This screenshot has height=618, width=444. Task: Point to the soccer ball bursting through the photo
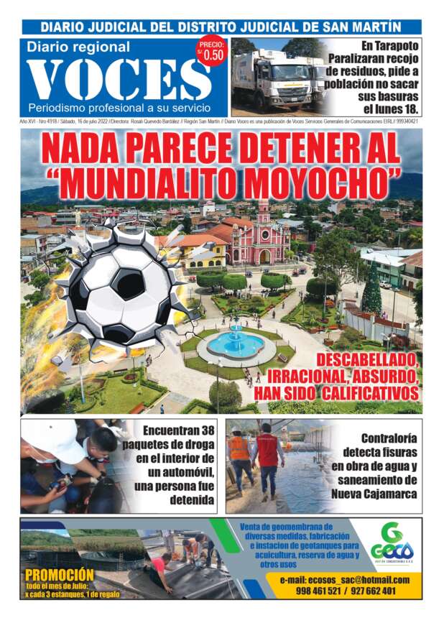coord(120,288)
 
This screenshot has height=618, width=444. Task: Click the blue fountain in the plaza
coord(236,343)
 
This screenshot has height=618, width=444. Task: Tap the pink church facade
coord(259,241)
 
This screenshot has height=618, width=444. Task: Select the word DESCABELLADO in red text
coord(366,359)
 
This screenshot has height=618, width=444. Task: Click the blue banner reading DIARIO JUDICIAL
coord(221,27)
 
